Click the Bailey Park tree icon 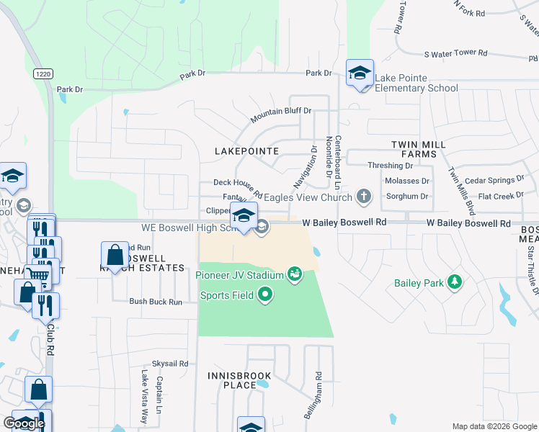coord(454,281)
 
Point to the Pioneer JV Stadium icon coord(294,274)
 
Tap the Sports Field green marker coord(265,294)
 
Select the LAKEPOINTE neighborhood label coord(247,151)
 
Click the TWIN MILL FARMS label coord(414,149)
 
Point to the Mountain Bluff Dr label coord(280,111)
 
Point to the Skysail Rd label coord(169,364)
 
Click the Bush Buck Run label coord(156,302)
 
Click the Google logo coord(24,423)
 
